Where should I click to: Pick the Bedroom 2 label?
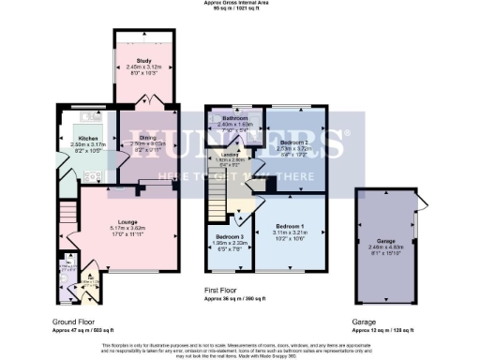pos(293,141)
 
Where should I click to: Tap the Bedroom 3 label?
pos(230,236)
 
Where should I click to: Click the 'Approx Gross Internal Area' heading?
pos(239,3)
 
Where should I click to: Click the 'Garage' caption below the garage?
pos(364,321)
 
